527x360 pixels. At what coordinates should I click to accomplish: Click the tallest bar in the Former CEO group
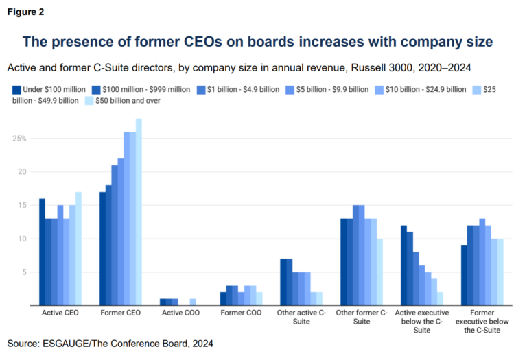coord(139,212)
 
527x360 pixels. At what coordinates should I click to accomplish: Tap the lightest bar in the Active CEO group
coord(78,248)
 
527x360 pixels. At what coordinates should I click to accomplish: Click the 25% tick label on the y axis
coord(18,138)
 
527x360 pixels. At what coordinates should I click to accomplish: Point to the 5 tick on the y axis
coord(23,272)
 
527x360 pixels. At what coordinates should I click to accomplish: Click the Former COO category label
coord(242,313)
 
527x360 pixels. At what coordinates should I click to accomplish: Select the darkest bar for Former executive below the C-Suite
coord(464,275)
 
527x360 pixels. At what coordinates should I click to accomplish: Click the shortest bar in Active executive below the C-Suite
coord(441,298)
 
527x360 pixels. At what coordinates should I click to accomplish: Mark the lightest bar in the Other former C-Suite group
coord(380,272)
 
